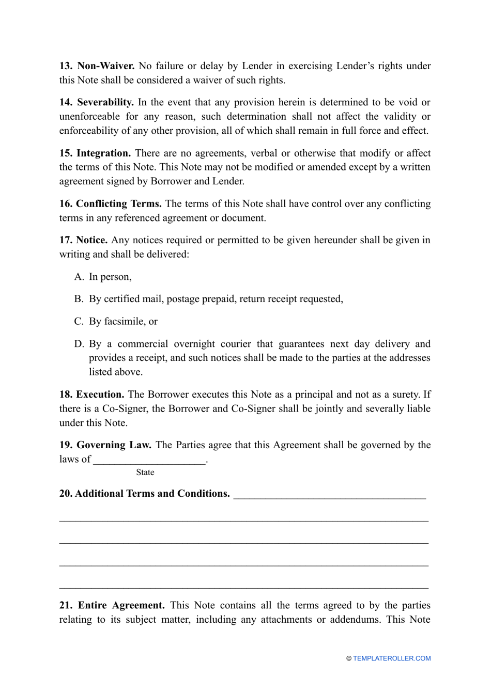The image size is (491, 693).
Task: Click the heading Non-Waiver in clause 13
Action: click(x=105, y=66)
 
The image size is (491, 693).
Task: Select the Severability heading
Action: click(x=105, y=103)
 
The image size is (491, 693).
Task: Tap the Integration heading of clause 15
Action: click(x=103, y=153)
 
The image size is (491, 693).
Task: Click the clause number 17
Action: click(x=66, y=240)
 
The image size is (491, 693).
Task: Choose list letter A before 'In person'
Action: click(x=79, y=277)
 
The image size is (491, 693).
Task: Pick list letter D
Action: click(x=79, y=344)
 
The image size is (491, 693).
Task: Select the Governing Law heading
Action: click(x=114, y=445)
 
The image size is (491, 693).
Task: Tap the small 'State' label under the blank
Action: click(x=145, y=472)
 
